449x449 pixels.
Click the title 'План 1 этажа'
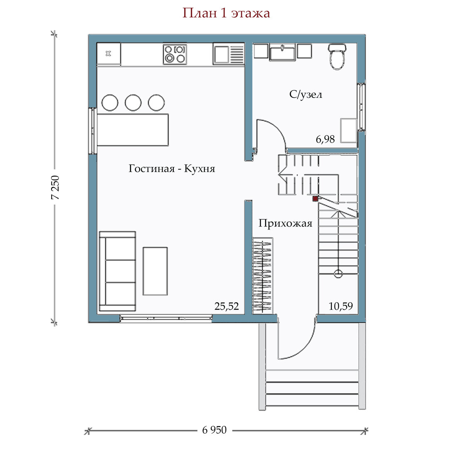click(x=226, y=13)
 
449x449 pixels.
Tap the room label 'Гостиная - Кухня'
click(x=172, y=168)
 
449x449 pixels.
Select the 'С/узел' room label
click(x=306, y=94)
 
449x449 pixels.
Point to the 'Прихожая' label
click(x=285, y=223)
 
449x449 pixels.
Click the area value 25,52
click(x=227, y=306)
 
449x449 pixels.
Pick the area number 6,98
click(x=325, y=139)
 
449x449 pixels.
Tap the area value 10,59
click(x=340, y=306)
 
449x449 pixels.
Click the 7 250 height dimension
click(x=55, y=187)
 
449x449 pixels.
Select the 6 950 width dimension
click(x=214, y=430)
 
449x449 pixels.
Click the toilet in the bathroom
click(x=337, y=57)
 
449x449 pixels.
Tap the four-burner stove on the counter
click(x=175, y=54)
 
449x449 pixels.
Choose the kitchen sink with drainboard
click(x=229, y=54)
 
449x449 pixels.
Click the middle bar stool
click(x=133, y=103)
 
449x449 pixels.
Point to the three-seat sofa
click(x=117, y=271)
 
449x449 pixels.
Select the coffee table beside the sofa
click(x=155, y=271)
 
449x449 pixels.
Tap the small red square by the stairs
click(x=315, y=198)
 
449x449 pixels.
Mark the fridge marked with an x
click(x=109, y=54)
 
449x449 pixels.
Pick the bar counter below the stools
click(x=133, y=130)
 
